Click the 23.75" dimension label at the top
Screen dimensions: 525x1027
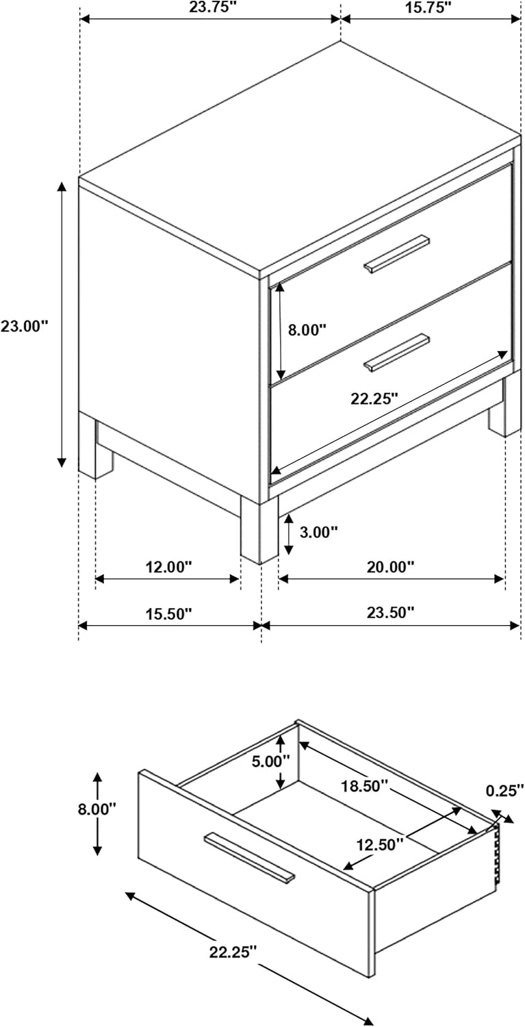click(209, 8)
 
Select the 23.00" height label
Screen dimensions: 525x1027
click(25, 326)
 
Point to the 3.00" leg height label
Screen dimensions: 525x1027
click(319, 532)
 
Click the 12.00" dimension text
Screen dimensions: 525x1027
click(168, 567)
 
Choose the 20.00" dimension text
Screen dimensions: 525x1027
click(390, 567)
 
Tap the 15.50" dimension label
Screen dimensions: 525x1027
click(168, 613)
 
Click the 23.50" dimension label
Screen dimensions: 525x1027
click(390, 612)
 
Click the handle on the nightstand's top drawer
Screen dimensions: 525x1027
click(397, 255)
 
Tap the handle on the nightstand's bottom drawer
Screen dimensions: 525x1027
click(397, 353)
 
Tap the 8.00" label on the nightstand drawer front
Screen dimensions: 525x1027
click(307, 329)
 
